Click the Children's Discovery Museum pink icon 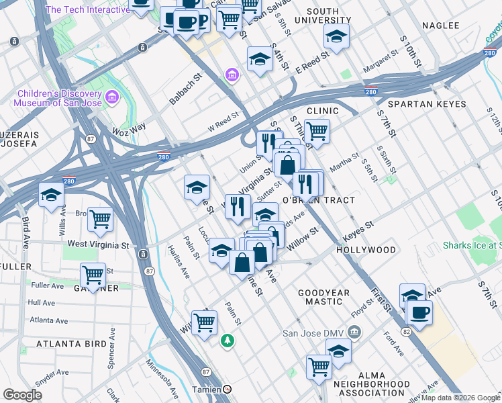[x=111, y=98]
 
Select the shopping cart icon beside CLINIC [x=317, y=131]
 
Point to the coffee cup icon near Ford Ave [x=419, y=313]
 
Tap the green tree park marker [x=228, y=341]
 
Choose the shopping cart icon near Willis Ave [x=100, y=218]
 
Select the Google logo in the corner [x=22, y=395]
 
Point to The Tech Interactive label [x=87, y=9]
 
